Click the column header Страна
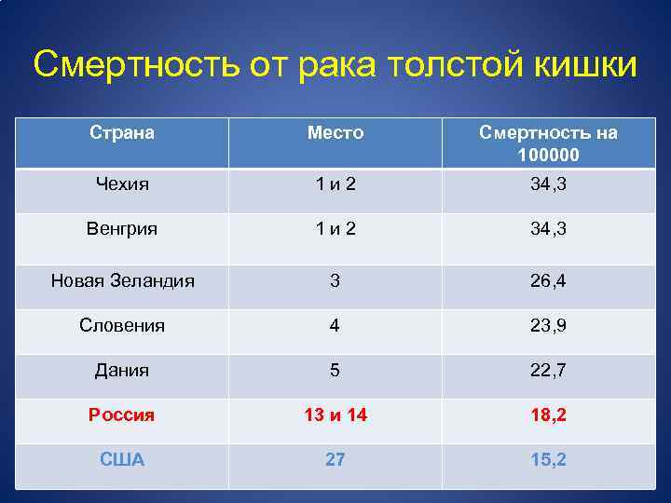pyautogui.click(x=121, y=133)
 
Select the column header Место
pyautogui.click(x=335, y=133)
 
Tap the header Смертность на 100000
pyautogui.click(x=548, y=143)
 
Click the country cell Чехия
pyautogui.click(x=121, y=184)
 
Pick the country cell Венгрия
pyautogui.click(x=121, y=229)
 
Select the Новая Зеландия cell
pyautogui.click(x=122, y=280)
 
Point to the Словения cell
pyautogui.click(x=121, y=326)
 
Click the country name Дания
pyautogui.click(x=121, y=371)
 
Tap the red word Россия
pyautogui.click(x=121, y=415)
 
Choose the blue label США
pyautogui.click(x=121, y=460)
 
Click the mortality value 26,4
pyautogui.click(x=548, y=280)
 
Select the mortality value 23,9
pyautogui.click(x=548, y=326)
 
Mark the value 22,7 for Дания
pyautogui.click(x=548, y=371)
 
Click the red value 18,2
pyautogui.click(x=548, y=415)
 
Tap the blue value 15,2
pyautogui.click(x=548, y=460)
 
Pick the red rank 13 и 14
pyautogui.click(x=335, y=415)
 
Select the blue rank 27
pyautogui.click(x=335, y=460)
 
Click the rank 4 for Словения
pyautogui.click(x=335, y=326)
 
